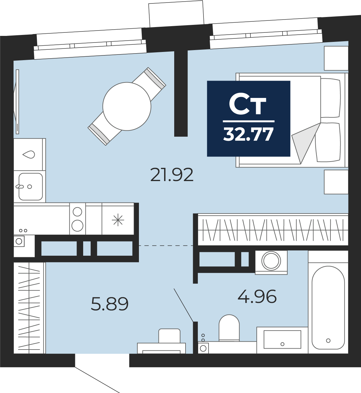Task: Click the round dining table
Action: (x=127, y=106)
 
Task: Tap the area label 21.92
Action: (x=172, y=175)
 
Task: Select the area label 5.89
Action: (x=110, y=304)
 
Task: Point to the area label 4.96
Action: (x=257, y=296)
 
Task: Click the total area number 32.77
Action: (x=248, y=134)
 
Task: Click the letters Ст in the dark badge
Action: (x=248, y=105)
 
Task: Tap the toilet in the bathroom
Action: (x=229, y=328)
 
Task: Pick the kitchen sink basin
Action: (x=31, y=186)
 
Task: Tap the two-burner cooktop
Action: (x=77, y=219)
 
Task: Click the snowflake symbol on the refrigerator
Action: (x=118, y=220)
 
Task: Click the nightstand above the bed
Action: (x=336, y=58)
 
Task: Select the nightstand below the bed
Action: (x=336, y=182)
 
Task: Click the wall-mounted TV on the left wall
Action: (x=17, y=102)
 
